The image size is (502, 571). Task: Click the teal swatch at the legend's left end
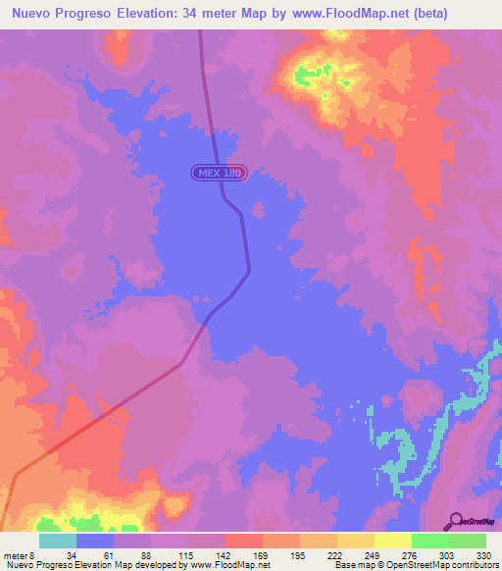point(58,542)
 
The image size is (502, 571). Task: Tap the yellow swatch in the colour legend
point(392,542)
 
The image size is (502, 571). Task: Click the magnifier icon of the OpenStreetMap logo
point(455,519)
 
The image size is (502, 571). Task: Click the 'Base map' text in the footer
point(349,565)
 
